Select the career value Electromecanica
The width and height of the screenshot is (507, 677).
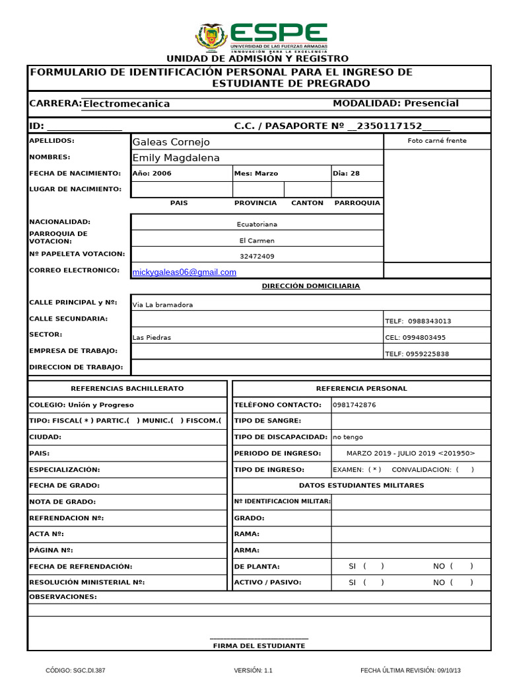[x=126, y=104]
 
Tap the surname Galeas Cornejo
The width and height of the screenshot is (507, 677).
[x=171, y=142]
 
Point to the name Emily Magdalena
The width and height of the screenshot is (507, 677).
[x=176, y=158]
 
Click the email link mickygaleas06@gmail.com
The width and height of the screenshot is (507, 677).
[x=184, y=272]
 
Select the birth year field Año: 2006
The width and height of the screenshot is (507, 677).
[x=152, y=174]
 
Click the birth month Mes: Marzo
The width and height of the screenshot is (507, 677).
[x=256, y=174]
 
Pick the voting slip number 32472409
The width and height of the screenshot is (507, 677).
[x=257, y=257]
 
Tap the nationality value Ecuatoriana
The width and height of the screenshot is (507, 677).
[x=257, y=224]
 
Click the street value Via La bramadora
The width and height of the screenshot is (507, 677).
[x=162, y=305]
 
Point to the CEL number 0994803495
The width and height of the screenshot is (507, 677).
[x=415, y=338]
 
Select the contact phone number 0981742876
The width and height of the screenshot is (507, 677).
[x=355, y=405]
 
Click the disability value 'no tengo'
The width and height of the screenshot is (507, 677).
[x=348, y=438]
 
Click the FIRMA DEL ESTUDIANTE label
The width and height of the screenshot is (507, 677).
[x=259, y=646]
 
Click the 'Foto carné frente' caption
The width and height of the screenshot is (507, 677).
[x=437, y=141]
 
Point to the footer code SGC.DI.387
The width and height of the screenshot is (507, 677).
[x=75, y=670]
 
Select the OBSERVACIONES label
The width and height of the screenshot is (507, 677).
[x=63, y=597]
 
